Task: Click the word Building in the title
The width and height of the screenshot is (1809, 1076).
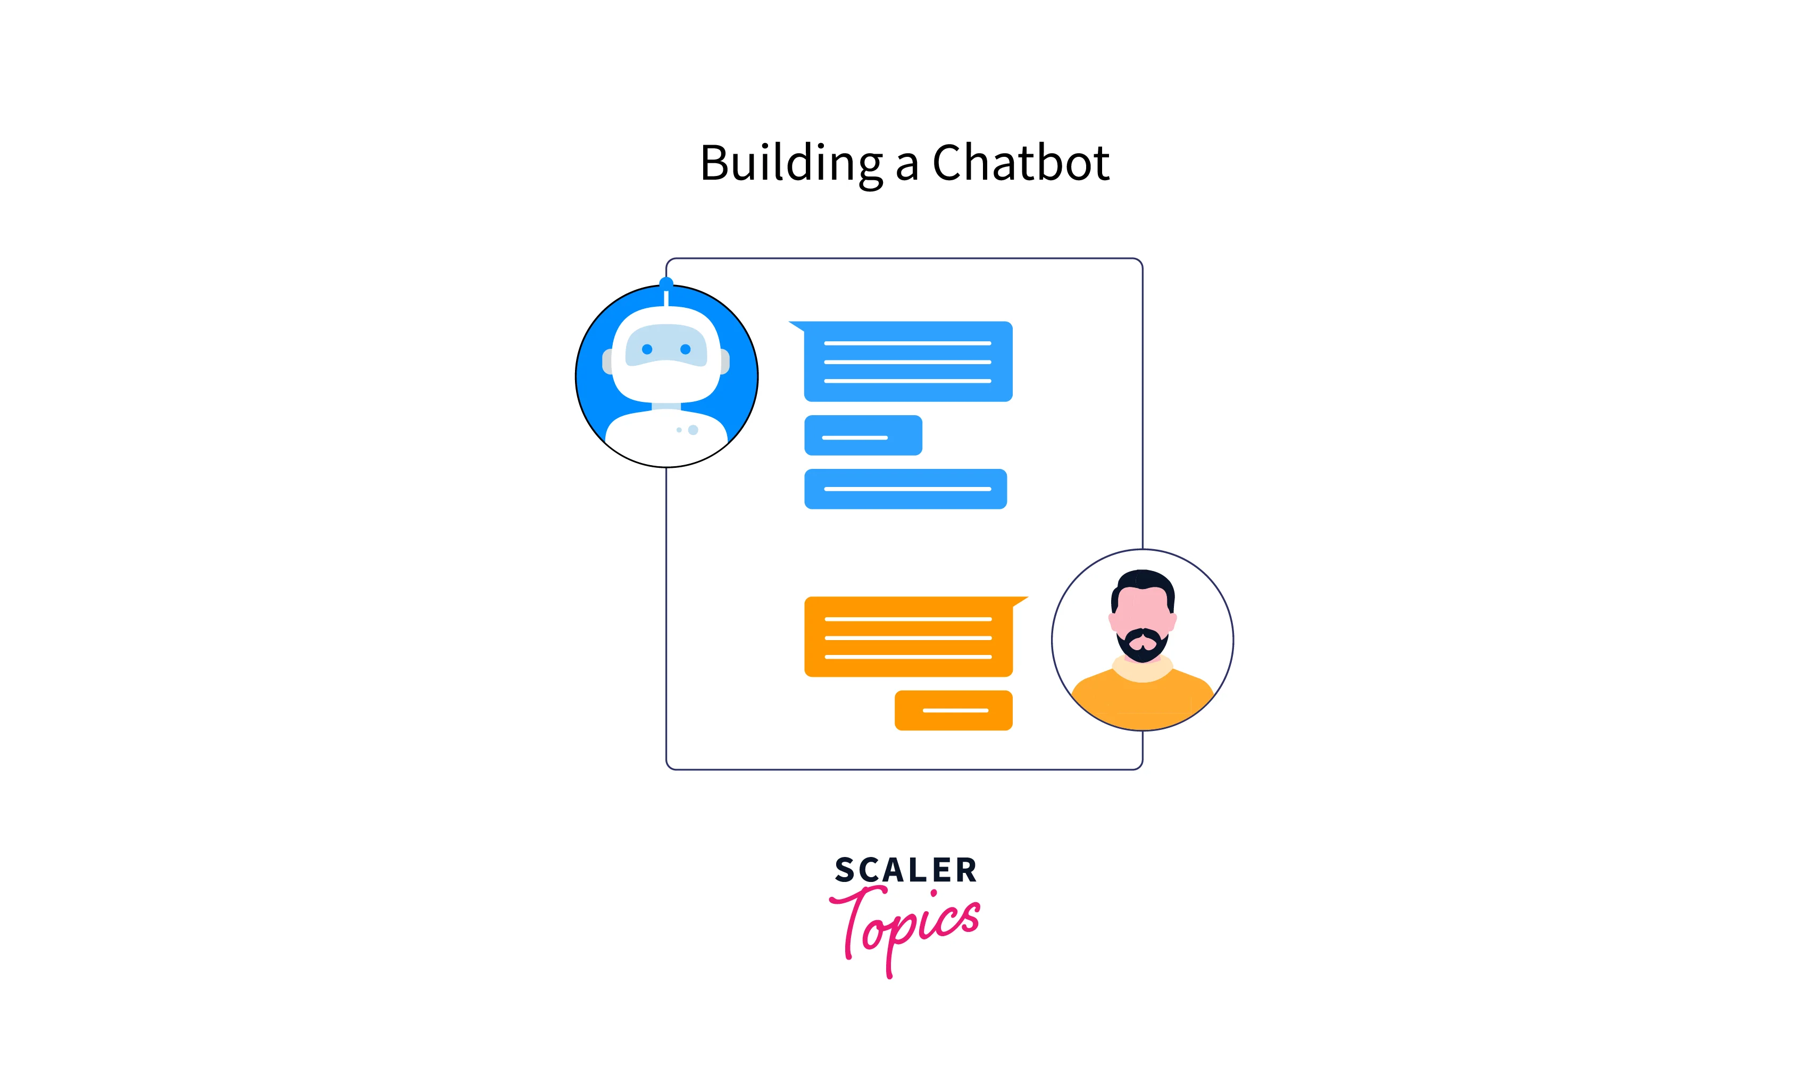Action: tap(790, 163)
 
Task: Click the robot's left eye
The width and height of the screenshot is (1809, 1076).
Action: tap(647, 349)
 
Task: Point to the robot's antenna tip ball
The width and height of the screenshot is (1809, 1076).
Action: tap(666, 283)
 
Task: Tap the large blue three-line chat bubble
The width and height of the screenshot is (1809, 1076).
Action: tap(907, 361)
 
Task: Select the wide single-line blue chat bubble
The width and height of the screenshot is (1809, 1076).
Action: tap(905, 489)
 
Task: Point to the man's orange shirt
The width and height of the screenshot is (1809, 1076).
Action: tap(1143, 703)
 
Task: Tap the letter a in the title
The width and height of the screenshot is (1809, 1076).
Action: tap(907, 167)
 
